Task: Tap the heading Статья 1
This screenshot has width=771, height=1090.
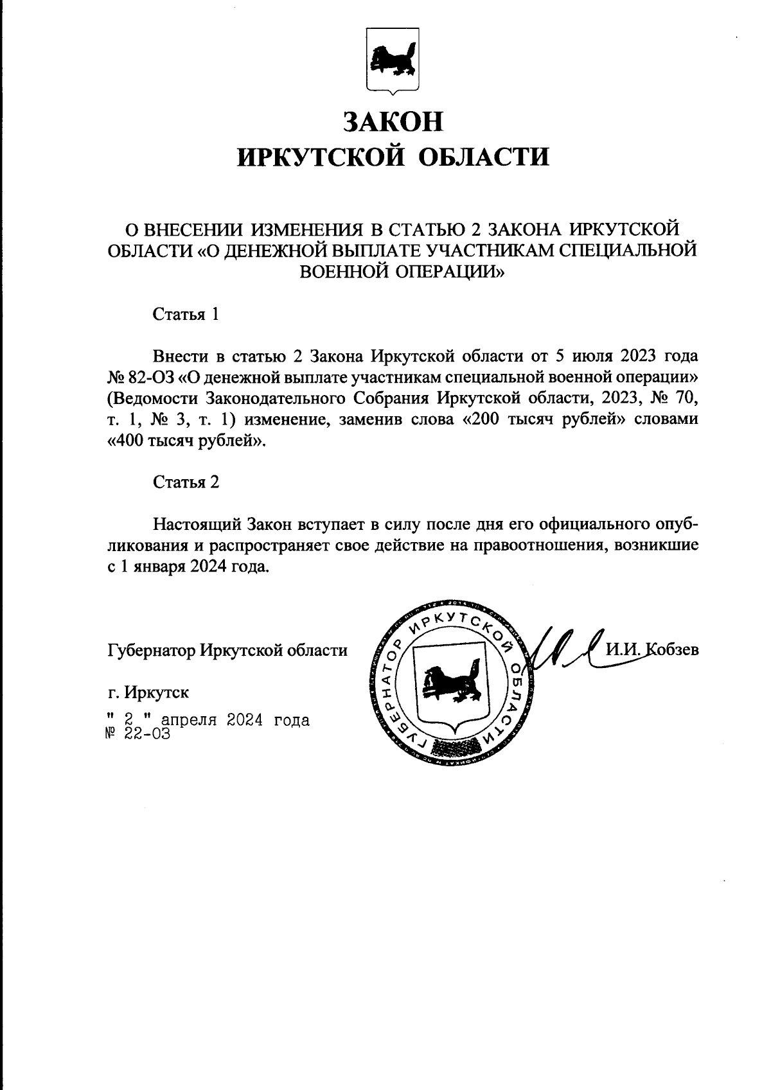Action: (186, 314)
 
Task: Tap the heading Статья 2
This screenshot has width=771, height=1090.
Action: (186, 482)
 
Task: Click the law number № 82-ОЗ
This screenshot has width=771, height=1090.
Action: (141, 376)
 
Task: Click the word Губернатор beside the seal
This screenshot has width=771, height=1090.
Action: (151, 650)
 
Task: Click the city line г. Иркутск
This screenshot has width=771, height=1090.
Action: (148, 692)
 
